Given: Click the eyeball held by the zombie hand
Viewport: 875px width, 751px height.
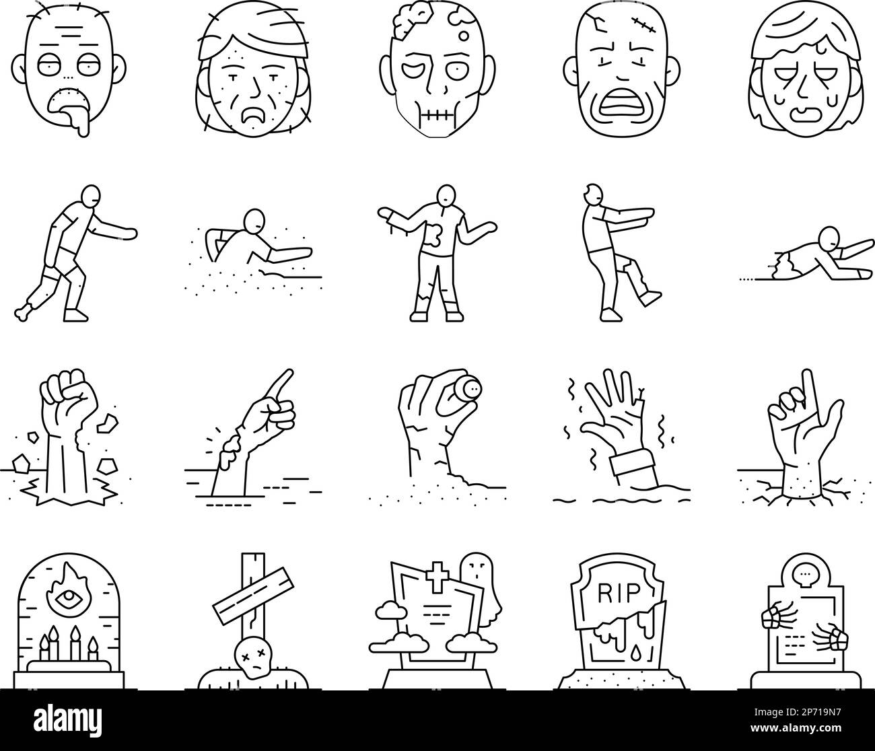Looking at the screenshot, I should point(466,388).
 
